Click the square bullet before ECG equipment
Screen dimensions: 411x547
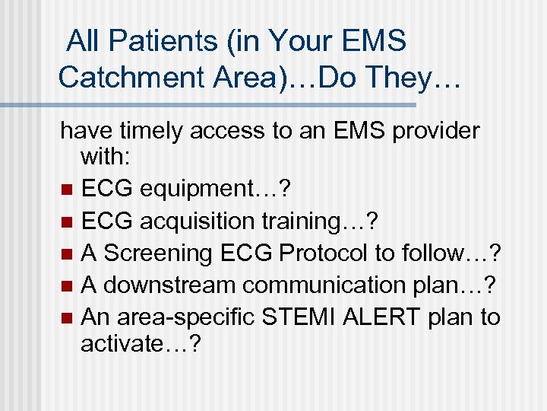click(x=67, y=189)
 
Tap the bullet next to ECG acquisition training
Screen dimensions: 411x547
click(x=67, y=221)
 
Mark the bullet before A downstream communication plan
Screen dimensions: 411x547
click(x=67, y=285)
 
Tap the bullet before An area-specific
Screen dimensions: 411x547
click(x=67, y=317)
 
